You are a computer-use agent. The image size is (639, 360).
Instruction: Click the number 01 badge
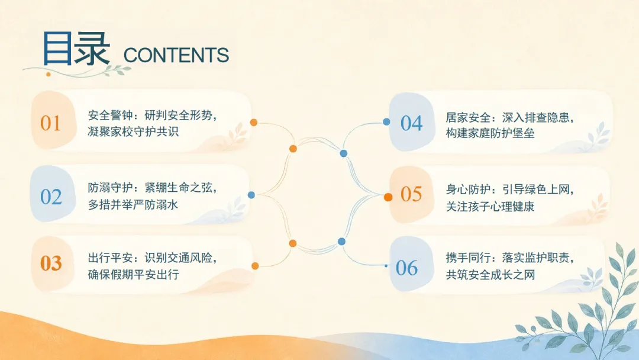(50, 123)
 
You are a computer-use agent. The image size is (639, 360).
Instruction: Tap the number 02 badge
(51, 197)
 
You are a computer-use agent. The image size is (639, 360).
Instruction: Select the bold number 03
(51, 263)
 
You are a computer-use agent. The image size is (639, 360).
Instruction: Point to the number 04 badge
(411, 123)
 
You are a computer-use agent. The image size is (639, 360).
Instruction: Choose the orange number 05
(411, 194)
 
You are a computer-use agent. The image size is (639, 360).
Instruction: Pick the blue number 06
(406, 268)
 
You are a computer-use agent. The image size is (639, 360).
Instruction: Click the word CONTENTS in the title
(176, 56)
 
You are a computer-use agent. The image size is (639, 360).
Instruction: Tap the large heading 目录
(76, 49)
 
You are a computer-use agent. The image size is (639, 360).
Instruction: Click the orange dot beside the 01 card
(253, 123)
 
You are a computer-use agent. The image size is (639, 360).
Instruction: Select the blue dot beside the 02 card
(251, 195)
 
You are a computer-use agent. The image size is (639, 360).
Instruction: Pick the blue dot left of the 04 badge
(386, 121)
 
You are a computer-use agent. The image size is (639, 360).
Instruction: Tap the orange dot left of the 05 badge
(388, 197)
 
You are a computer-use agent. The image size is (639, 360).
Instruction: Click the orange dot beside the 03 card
(255, 266)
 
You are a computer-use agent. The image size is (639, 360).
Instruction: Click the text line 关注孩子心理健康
(490, 206)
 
